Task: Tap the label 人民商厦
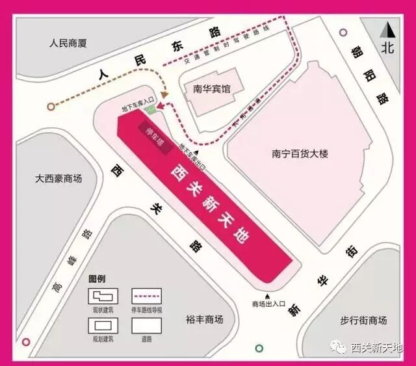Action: [x=68, y=44]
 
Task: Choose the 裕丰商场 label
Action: [x=204, y=320]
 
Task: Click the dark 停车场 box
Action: [x=156, y=139]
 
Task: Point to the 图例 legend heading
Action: [x=97, y=278]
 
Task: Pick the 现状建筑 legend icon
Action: [x=103, y=296]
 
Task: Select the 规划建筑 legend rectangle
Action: [x=103, y=324]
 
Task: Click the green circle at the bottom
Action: [x=259, y=348]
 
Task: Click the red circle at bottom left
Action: [x=26, y=342]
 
